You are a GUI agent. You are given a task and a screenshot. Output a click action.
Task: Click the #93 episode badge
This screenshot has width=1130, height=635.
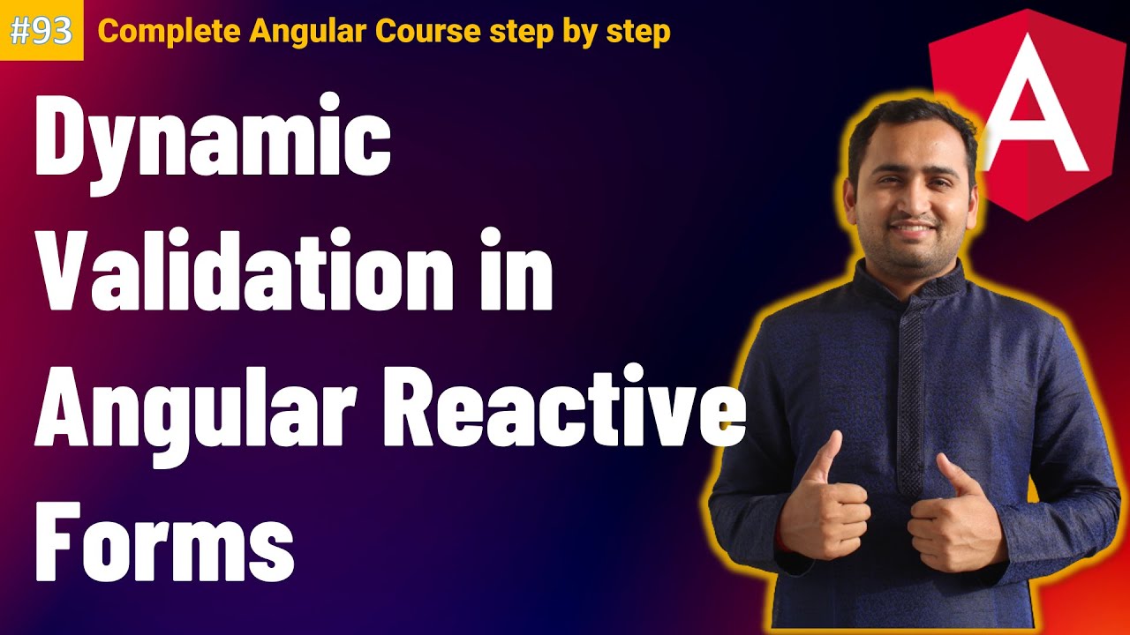tap(41, 31)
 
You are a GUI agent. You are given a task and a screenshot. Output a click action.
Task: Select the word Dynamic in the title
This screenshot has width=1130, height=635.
tap(212, 146)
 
